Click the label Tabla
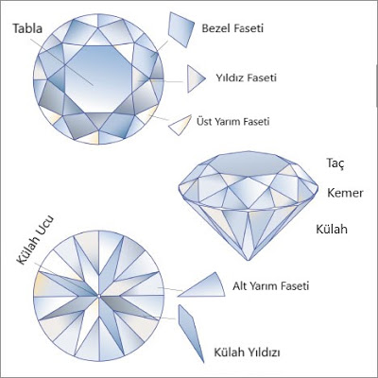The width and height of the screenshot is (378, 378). (27, 28)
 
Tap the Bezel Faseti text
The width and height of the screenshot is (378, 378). (232, 28)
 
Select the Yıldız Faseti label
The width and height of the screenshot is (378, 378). (246, 77)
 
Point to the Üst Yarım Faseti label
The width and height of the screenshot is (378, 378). (233, 121)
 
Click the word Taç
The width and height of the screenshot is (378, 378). (335, 163)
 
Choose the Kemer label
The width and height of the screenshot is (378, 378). (345, 193)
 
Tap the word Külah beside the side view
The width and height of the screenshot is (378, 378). (332, 229)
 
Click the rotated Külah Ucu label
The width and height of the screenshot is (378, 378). (35, 240)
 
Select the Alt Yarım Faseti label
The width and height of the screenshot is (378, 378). (271, 286)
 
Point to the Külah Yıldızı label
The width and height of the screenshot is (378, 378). (247, 352)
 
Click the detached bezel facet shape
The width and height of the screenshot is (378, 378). (181, 29)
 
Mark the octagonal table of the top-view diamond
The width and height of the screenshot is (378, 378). (98, 79)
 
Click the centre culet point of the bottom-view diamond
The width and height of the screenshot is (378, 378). (99, 296)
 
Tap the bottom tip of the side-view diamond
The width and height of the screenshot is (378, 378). (249, 261)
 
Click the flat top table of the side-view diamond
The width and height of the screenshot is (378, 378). (249, 163)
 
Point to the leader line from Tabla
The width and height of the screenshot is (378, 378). (62, 61)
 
